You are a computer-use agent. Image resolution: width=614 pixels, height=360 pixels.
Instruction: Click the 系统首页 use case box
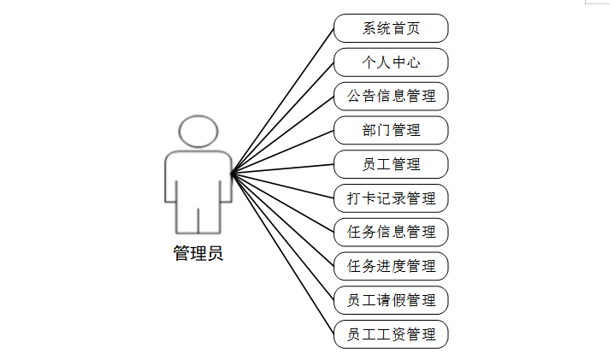click(x=391, y=28)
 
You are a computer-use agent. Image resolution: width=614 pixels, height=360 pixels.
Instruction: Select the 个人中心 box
click(x=391, y=62)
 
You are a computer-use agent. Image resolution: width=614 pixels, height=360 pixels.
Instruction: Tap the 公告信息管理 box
click(x=391, y=96)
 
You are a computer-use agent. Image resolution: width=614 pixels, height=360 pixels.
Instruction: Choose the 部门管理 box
click(x=391, y=130)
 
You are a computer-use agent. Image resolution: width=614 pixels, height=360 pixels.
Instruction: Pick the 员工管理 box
click(x=391, y=163)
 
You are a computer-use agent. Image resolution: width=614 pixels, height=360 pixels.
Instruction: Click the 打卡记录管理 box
click(x=391, y=198)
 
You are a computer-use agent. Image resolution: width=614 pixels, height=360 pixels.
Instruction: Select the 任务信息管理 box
click(x=391, y=232)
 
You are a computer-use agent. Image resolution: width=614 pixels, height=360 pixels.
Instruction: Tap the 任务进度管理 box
click(x=391, y=266)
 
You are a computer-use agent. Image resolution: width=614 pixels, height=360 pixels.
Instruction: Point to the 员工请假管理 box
click(x=391, y=300)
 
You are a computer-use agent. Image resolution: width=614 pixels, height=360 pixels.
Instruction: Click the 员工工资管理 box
click(x=391, y=333)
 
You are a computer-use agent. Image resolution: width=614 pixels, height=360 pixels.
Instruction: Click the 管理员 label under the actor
click(x=198, y=253)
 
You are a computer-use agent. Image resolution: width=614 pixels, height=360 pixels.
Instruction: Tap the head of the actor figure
click(x=198, y=133)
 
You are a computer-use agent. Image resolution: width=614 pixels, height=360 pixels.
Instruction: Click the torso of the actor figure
click(x=198, y=180)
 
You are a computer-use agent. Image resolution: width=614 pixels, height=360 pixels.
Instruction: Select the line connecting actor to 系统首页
click(x=282, y=101)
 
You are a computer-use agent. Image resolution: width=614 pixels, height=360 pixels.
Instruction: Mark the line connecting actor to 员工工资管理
click(x=282, y=253)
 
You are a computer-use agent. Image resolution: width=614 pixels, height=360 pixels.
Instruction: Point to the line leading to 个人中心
click(x=282, y=118)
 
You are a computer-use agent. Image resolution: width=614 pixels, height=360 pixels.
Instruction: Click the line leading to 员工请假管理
click(x=282, y=237)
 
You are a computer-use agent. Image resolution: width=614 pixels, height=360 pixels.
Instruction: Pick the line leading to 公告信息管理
click(x=282, y=135)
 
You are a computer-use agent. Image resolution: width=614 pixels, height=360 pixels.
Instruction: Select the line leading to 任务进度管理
click(x=282, y=220)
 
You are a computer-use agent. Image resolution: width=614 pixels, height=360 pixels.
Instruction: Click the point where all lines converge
click(x=232, y=174)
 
